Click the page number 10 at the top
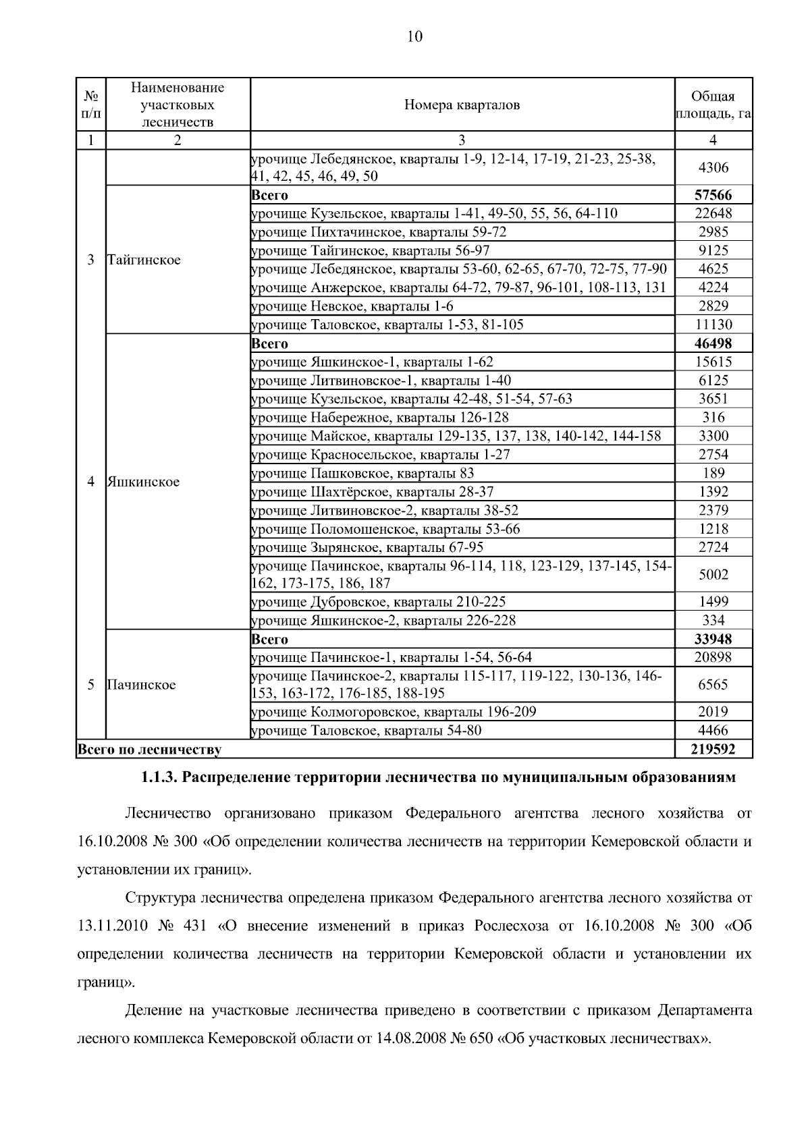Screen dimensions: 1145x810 point(414,36)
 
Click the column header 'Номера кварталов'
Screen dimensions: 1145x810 point(462,105)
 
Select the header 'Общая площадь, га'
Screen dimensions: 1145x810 point(713,105)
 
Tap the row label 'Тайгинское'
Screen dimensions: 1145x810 point(144,260)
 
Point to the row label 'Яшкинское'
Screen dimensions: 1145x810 point(143,482)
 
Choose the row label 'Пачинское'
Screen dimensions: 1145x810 point(141,685)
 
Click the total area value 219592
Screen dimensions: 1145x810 point(713,749)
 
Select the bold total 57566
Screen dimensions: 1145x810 point(713,195)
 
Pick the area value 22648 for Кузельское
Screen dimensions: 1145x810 point(713,214)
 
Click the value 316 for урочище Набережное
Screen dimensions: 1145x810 point(713,418)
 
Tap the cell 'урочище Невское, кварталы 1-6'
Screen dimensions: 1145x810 point(352,306)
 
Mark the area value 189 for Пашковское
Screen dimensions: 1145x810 point(713,473)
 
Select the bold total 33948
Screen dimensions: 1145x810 point(713,639)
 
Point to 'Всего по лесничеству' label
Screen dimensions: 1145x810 point(150,749)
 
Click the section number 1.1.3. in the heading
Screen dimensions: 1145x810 point(159,778)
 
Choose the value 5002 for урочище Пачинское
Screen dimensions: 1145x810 point(713,574)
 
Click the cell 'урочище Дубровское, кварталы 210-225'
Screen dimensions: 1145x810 point(378,602)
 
